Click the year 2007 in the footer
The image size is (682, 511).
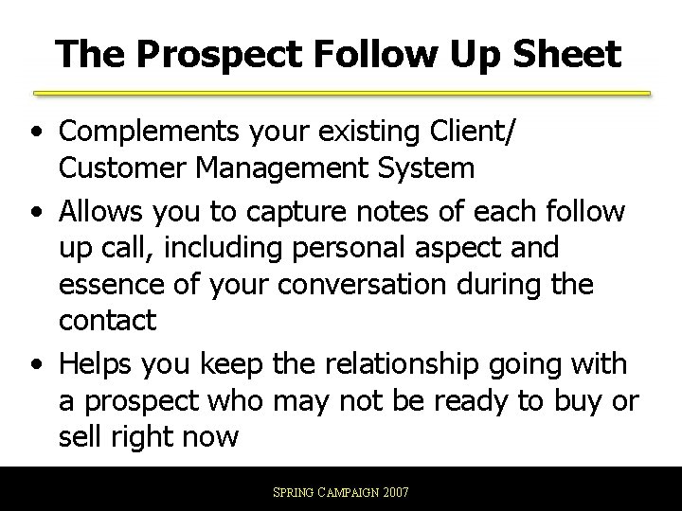tap(395, 494)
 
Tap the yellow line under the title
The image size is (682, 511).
tap(341, 94)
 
